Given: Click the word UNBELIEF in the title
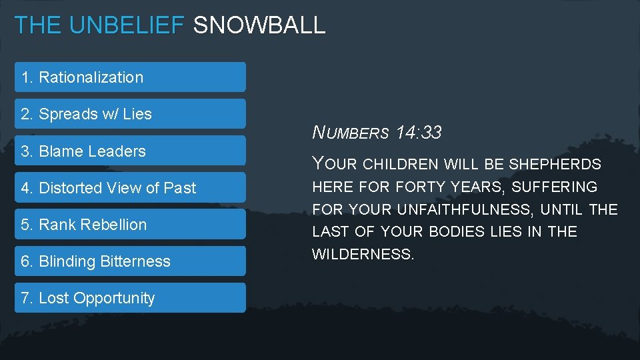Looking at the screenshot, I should click(x=126, y=25).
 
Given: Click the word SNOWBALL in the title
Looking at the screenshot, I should click(x=259, y=25).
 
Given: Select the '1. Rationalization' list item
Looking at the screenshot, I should click(x=130, y=77).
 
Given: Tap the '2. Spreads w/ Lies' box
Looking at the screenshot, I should click(x=130, y=114).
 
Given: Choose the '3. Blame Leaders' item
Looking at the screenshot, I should click(x=130, y=151).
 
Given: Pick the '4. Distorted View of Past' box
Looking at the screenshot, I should click(x=130, y=188).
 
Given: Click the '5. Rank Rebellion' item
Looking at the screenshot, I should click(x=130, y=225).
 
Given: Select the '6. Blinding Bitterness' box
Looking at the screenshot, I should click(x=130, y=261).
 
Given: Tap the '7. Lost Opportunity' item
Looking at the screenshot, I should click(x=130, y=298).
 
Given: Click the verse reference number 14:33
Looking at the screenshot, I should click(x=418, y=133).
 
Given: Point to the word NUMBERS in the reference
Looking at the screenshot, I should click(x=351, y=133).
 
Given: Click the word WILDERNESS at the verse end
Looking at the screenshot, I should click(x=363, y=255).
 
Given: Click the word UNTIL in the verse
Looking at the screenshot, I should click(x=562, y=210).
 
